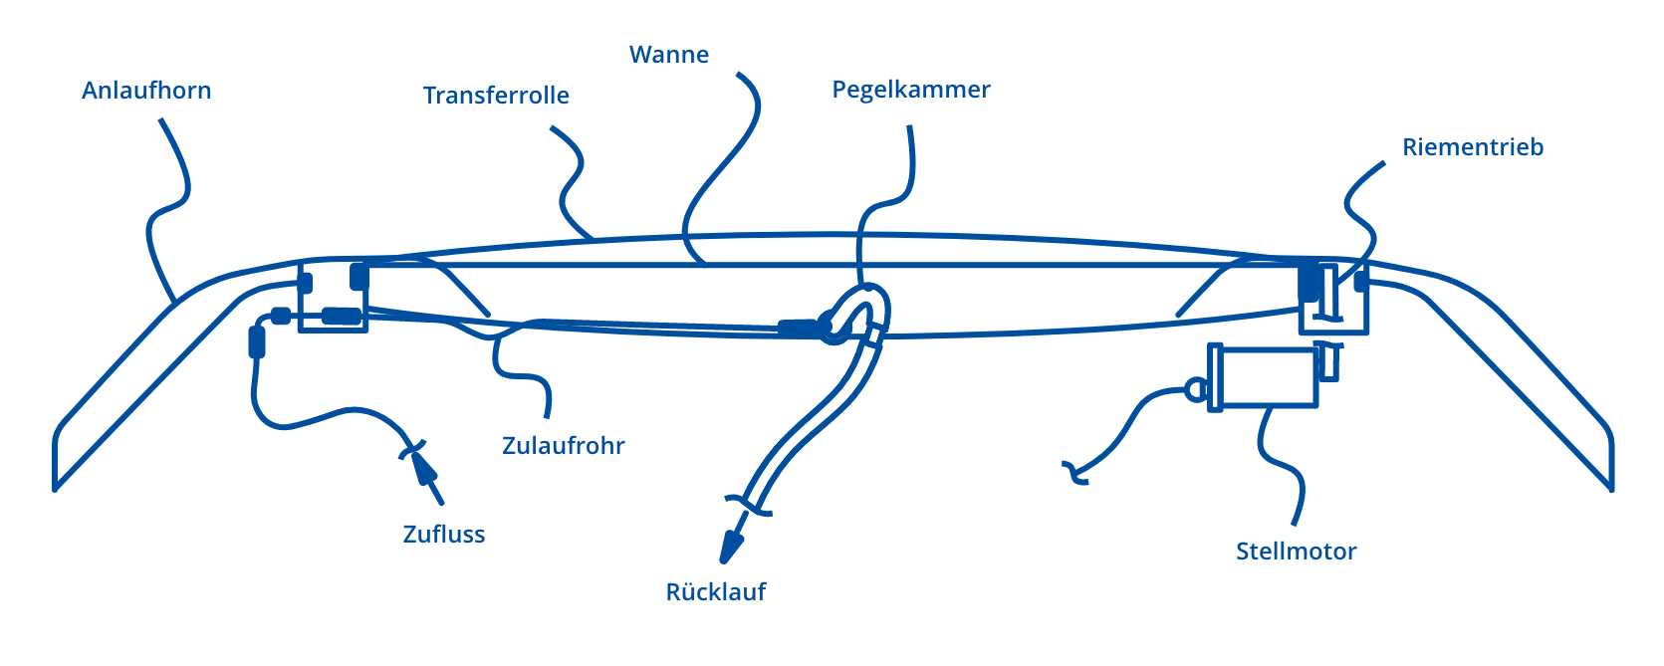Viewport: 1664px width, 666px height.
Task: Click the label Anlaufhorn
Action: [146, 91]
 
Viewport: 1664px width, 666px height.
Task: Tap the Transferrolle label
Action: [496, 96]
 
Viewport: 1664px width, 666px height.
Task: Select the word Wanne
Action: [669, 55]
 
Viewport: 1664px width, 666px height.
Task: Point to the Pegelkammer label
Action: [911, 90]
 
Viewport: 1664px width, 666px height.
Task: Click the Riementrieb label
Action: [1473, 147]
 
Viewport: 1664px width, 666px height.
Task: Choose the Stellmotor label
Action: [1296, 552]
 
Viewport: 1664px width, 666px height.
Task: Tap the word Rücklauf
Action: [716, 592]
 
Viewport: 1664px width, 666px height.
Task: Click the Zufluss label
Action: [444, 535]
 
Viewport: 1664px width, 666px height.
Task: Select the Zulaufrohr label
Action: [564, 445]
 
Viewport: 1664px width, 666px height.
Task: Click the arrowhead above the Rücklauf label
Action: [733, 545]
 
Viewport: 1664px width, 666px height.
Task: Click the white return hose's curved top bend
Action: [864, 298]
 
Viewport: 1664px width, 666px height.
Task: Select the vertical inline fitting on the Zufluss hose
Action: [256, 341]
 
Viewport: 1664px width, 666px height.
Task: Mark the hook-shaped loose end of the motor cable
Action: [1074, 473]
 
